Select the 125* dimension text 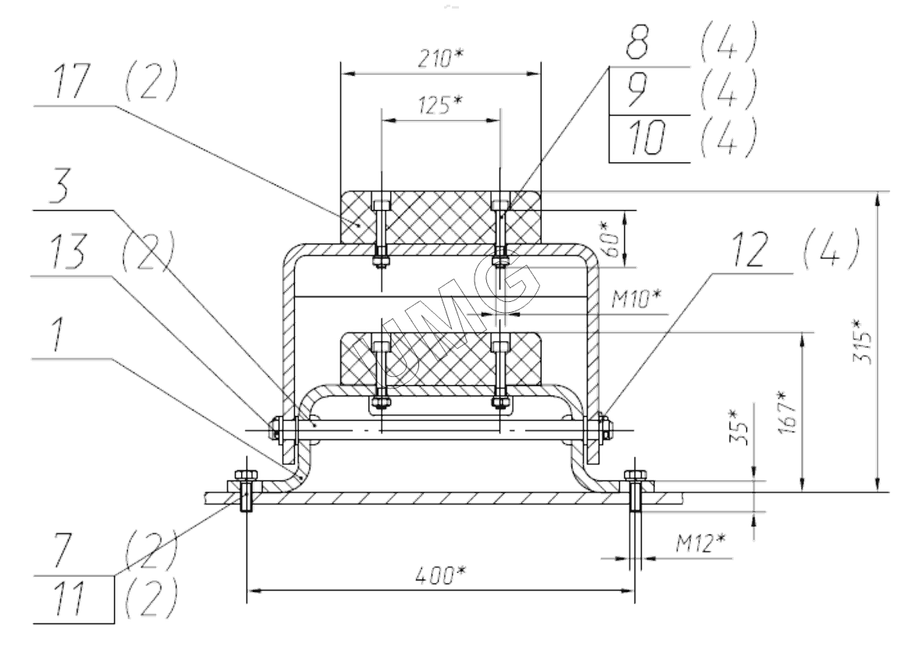pyautogui.click(x=440, y=106)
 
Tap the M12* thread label pyautogui.click(x=699, y=539)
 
